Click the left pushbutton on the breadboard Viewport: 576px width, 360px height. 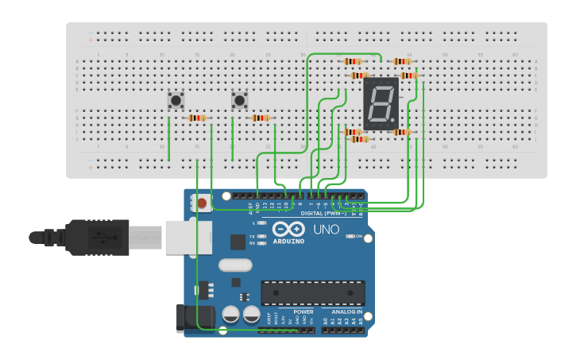pyautogui.click(x=176, y=101)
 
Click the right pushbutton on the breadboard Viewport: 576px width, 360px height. pyautogui.click(x=240, y=101)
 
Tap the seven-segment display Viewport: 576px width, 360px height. pyautogui.click(x=381, y=104)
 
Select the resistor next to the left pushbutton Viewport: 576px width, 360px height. pyautogui.click(x=196, y=118)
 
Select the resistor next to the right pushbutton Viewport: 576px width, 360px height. pyautogui.click(x=260, y=118)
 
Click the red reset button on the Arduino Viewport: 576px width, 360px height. pyautogui.click(x=202, y=203)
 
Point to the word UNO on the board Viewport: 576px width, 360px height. pyautogui.click(x=325, y=230)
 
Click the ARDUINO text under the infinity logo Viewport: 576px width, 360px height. pyautogui.click(x=288, y=241)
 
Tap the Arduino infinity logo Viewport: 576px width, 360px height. pyautogui.click(x=288, y=229)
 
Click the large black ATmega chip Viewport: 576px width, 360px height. pyautogui.click(x=313, y=292)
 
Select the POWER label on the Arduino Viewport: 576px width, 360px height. pyautogui.click(x=303, y=312)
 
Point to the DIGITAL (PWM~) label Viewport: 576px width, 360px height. pyautogui.click(x=326, y=213)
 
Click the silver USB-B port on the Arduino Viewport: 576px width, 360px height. pyautogui.click(x=188, y=237)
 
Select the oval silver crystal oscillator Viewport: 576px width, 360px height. pyautogui.click(x=235, y=265)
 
